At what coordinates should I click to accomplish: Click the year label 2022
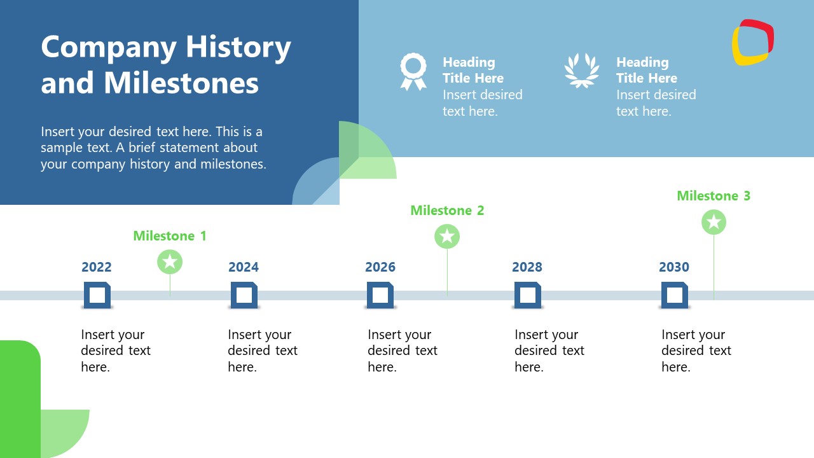tap(97, 267)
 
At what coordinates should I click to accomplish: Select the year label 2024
tap(244, 267)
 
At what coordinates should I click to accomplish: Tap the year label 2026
tap(380, 267)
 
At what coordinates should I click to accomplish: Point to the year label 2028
tap(527, 267)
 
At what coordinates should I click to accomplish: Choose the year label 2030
tap(674, 267)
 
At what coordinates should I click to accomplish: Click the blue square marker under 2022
tap(97, 295)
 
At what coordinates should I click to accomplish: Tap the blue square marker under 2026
tap(380, 295)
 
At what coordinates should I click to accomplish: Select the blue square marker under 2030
tap(675, 295)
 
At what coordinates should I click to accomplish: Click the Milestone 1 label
tap(170, 236)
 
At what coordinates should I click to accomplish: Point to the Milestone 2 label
tap(447, 211)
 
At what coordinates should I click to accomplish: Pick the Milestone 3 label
tap(714, 196)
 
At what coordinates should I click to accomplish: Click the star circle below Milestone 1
tap(170, 261)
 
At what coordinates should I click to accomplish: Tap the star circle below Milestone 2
tap(447, 236)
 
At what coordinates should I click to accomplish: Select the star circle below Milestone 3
tap(714, 222)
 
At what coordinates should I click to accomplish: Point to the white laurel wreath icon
tap(582, 71)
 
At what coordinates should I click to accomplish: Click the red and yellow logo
tap(752, 43)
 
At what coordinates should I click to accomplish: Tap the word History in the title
tap(238, 47)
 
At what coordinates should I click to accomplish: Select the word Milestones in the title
tap(181, 83)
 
